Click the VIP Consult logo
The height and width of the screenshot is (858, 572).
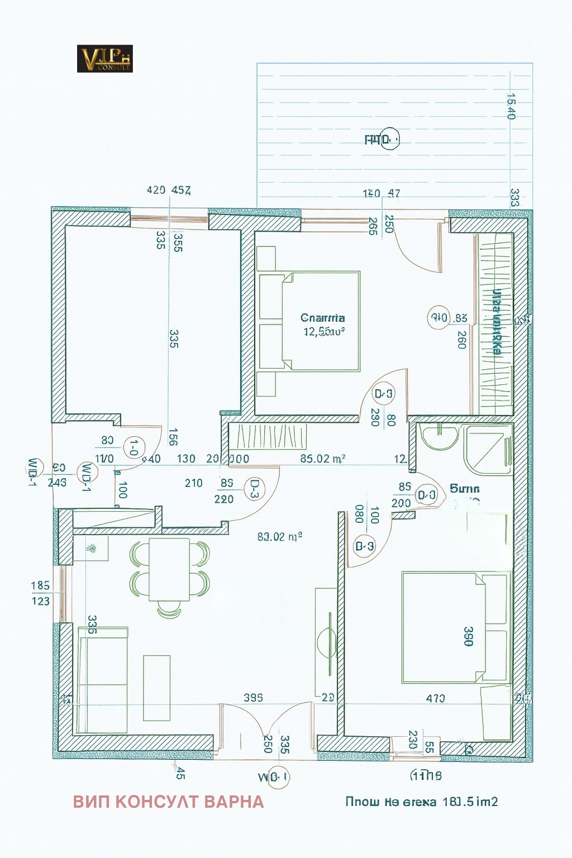point(104,59)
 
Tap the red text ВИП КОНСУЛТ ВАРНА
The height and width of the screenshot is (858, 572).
point(168,802)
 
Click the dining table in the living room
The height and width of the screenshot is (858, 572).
point(169,569)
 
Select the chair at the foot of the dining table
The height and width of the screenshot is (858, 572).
point(169,610)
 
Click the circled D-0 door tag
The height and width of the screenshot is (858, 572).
point(427,495)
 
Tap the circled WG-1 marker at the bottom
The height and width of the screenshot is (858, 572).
point(278,777)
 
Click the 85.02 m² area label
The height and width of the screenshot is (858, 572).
point(322,459)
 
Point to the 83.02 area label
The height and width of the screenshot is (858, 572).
point(280,537)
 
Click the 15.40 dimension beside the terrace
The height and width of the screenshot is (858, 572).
point(509,106)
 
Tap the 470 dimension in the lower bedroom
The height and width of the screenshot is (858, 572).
point(435,698)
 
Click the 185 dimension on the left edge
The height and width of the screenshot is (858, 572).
point(40,585)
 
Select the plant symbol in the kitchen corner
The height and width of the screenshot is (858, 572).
point(90,550)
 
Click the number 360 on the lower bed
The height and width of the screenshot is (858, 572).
point(468,636)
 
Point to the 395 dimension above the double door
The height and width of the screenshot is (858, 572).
point(253,698)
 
